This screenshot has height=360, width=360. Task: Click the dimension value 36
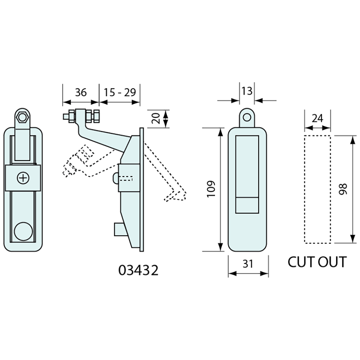[x=81, y=93]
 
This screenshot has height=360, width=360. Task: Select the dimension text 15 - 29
[x=120, y=93]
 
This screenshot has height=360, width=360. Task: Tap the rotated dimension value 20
[x=156, y=118]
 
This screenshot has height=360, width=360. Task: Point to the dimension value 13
[x=247, y=91]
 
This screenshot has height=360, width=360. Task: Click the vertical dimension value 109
[x=211, y=189]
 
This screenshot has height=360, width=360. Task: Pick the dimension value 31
[x=248, y=264]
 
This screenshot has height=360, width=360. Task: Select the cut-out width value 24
[x=317, y=118]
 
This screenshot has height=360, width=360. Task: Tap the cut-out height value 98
[x=343, y=189]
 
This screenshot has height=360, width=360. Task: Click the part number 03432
[x=138, y=270]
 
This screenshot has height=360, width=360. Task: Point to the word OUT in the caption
[x=331, y=262]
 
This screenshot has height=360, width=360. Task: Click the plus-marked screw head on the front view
[x=23, y=178]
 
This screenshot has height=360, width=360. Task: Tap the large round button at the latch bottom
[x=23, y=231]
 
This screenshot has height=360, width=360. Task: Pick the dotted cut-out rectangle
[x=317, y=189]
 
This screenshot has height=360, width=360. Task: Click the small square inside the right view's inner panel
[x=247, y=206]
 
